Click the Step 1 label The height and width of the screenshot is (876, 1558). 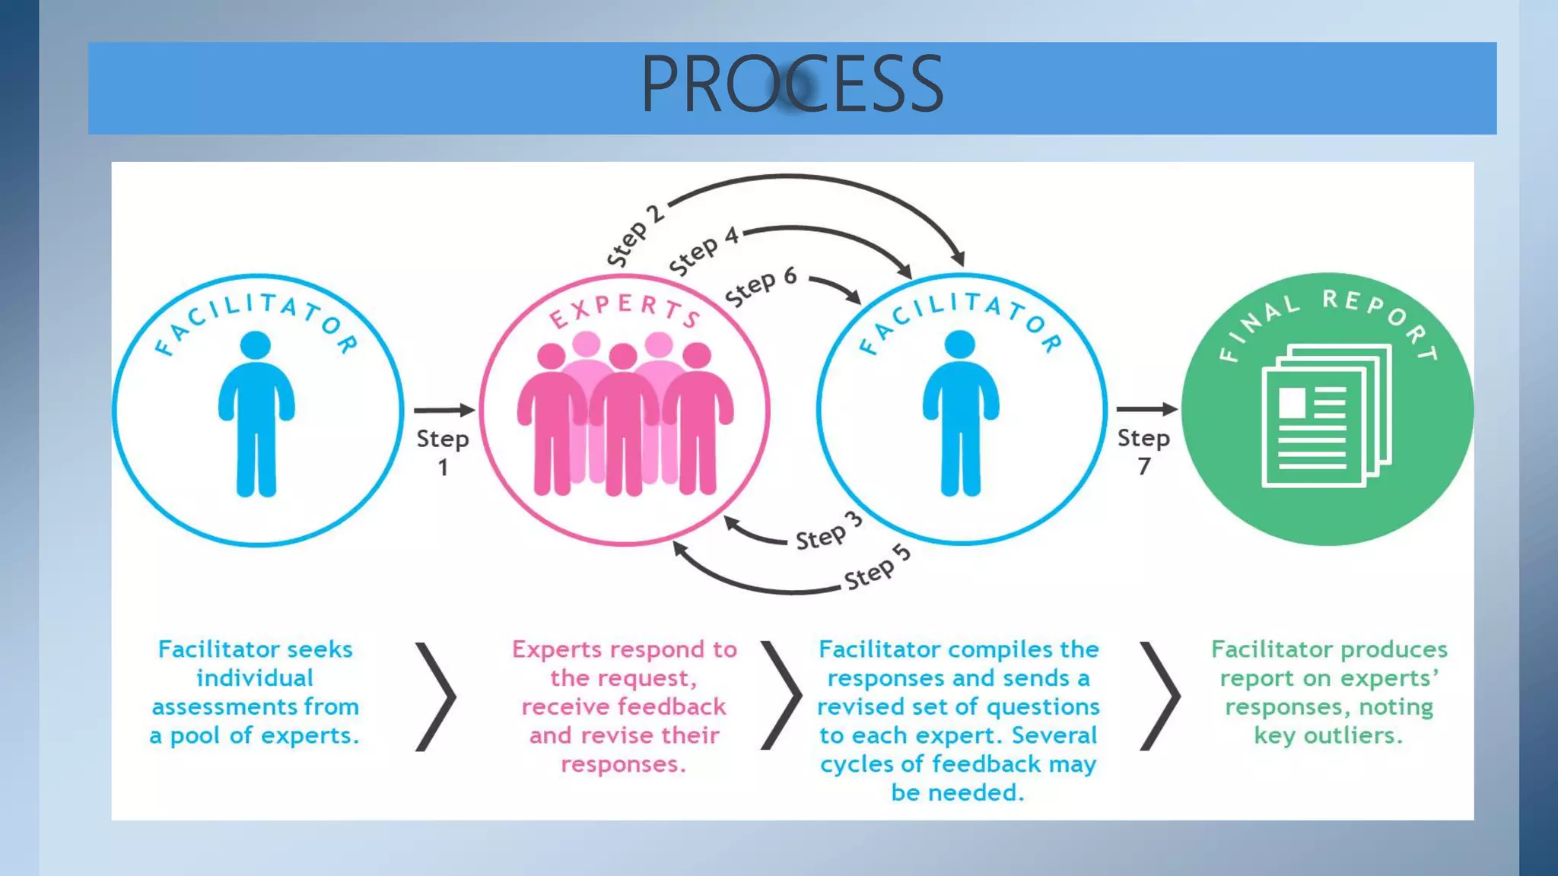tap(442, 452)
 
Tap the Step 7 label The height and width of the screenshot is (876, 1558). tap(1143, 451)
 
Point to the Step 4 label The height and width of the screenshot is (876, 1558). tap(704, 251)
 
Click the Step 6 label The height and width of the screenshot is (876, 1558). tap(760, 286)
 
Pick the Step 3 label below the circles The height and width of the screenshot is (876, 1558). tap(828, 532)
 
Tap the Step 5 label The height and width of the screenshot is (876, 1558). tap(877, 567)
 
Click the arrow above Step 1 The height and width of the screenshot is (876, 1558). tap(444, 410)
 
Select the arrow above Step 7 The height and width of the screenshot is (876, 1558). tap(1146, 409)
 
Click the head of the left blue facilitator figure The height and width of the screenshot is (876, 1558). tap(256, 345)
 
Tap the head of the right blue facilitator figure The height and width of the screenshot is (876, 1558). tap(960, 344)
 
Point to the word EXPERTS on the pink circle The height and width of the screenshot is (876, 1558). tap(624, 309)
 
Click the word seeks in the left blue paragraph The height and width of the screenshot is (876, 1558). tap(320, 649)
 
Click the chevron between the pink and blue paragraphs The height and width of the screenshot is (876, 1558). tap(781, 696)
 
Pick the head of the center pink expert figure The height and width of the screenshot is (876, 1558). tap(623, 356)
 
